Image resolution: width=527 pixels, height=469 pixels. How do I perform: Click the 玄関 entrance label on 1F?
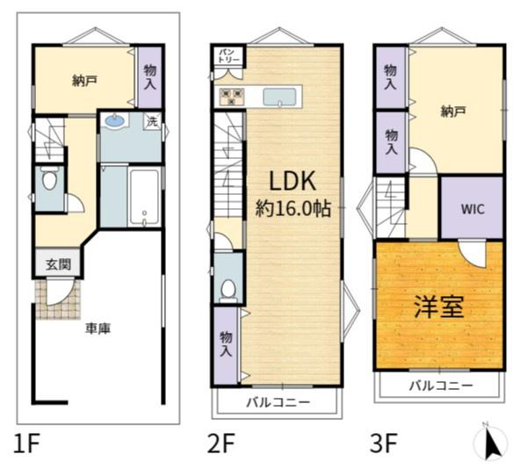point(59,264)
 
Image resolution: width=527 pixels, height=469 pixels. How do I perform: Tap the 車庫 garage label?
point(97,328)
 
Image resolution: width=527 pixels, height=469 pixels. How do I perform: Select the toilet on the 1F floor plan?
point(49,178)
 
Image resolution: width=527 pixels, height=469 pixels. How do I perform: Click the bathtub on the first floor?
point(144,198)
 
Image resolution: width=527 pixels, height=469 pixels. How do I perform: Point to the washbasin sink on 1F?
point(115,121)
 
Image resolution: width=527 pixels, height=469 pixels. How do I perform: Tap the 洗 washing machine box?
point(152,121)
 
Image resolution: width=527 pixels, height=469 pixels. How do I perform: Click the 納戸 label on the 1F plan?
point(84,81)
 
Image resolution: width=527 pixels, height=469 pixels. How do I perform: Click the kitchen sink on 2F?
point(279,97)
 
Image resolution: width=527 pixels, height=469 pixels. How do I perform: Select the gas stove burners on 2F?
point(231,96)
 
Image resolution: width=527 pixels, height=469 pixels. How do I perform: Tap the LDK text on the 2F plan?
point(292,181)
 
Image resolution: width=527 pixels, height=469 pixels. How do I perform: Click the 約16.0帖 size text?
point(293,208)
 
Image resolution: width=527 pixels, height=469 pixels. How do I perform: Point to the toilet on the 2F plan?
point(228,291)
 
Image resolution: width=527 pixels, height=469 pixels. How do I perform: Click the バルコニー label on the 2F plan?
point(278,401)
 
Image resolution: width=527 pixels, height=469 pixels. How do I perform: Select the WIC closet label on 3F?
point(473,209)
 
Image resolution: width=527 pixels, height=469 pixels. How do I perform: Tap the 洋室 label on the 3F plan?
point(439,307)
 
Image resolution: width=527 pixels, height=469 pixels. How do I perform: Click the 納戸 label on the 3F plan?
point(453,112)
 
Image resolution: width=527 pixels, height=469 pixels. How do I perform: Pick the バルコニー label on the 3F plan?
point(441,386)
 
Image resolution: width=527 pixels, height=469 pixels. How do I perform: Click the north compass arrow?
point(492,442)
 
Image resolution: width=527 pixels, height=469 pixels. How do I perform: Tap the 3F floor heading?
point(384,444)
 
